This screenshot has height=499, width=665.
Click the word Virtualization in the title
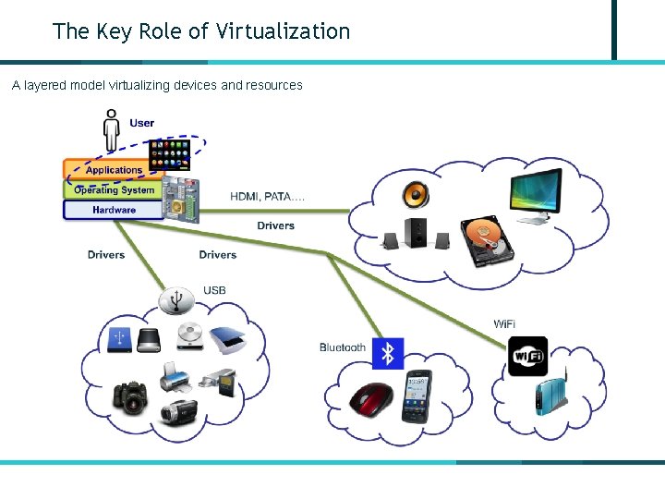[x=283, y=31]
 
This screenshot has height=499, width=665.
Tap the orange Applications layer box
[x=114, y=170]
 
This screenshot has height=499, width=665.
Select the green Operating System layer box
[x=113, y=190]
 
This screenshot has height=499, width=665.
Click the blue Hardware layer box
[x=113, y=210]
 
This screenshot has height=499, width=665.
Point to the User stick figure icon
[x=112, y=130]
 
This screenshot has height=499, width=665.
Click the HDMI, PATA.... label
[x=268, y=196]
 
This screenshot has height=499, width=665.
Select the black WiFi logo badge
[x=527, y=357]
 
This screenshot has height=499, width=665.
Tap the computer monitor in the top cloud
[x=536, y=196]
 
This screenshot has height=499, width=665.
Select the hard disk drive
[x=486, y=241]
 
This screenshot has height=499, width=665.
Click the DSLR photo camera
[x=129, y=396]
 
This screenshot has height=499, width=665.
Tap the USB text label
[x=214, y=291]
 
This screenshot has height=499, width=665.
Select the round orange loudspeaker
[x=416, y=195]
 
